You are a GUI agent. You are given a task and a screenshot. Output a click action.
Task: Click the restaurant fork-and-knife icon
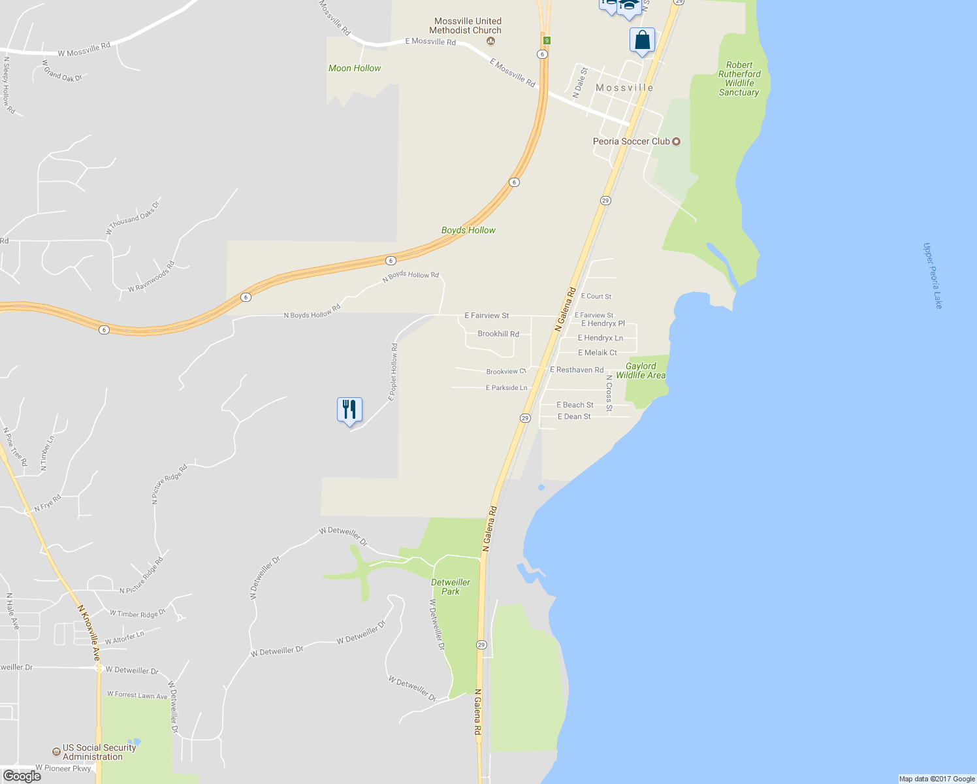[x=349, y=410]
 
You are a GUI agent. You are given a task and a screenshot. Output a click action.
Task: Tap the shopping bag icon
[x=642, y=41]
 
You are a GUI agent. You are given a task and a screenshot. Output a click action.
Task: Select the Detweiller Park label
[x=451, y=587]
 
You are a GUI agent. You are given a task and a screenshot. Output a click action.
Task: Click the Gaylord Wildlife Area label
[x=641, y=370]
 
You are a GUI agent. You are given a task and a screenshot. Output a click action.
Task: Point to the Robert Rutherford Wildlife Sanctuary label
[x=739, y=78]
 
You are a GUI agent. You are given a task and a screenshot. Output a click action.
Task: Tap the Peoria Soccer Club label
[x=632, y=141]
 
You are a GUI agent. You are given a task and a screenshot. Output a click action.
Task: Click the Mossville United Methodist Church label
[x=466, y=25]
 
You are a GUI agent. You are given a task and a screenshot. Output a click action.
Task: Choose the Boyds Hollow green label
[x=468, y=230]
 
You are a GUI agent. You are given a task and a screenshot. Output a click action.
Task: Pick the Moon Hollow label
[x=355, y=68]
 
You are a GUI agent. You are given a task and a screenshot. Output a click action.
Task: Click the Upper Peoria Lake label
[x=933, y=276]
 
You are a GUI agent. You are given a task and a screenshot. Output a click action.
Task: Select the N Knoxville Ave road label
[x=89, y=631]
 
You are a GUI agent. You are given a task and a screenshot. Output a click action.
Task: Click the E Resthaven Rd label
[x=577, y=370]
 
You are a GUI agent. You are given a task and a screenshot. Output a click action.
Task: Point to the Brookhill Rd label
[x=498, y=334]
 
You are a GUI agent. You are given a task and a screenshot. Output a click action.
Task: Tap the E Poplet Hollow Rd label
[x=393, y=372]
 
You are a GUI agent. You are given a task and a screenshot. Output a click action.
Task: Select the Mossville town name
[x=624, y=88]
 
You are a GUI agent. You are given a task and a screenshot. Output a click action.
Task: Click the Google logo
[x=22, y=776]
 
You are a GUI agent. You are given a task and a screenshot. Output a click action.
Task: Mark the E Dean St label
[x=574, y=417]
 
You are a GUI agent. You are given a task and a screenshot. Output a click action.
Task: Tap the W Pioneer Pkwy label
[x=63, y=768]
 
